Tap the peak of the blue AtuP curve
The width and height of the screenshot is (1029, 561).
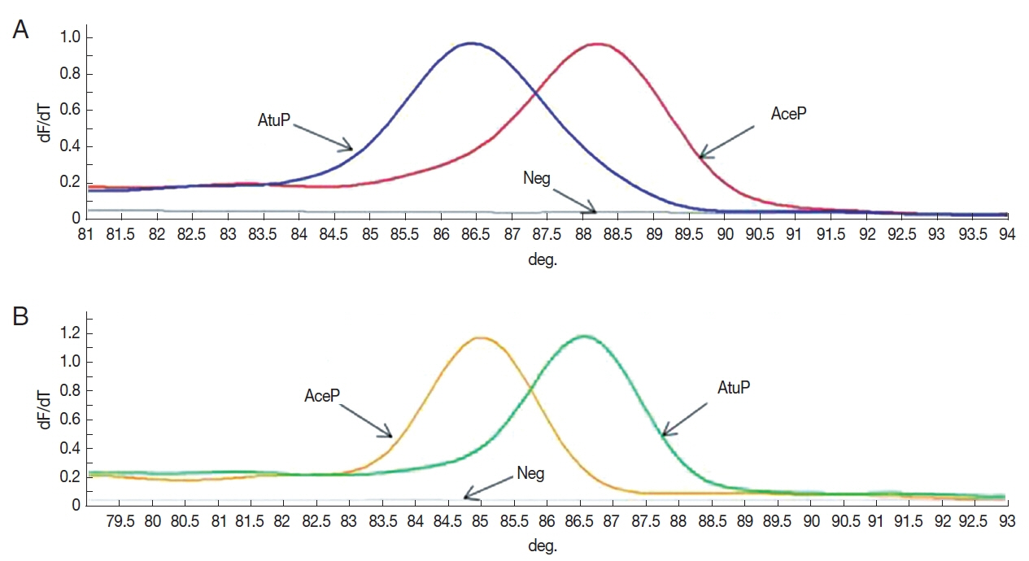(x=471, y=43)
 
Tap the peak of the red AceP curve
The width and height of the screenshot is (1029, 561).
(x=599, y=44)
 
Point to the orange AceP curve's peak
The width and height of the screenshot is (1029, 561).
(x=481, y=337)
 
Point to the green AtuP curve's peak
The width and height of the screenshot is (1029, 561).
(x=583, y=336)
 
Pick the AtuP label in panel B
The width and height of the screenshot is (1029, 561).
(x=734, y=389)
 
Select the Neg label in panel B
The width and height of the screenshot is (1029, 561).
(x=530, y=473)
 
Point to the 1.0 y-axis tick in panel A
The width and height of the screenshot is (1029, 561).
(x=70, y=38)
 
